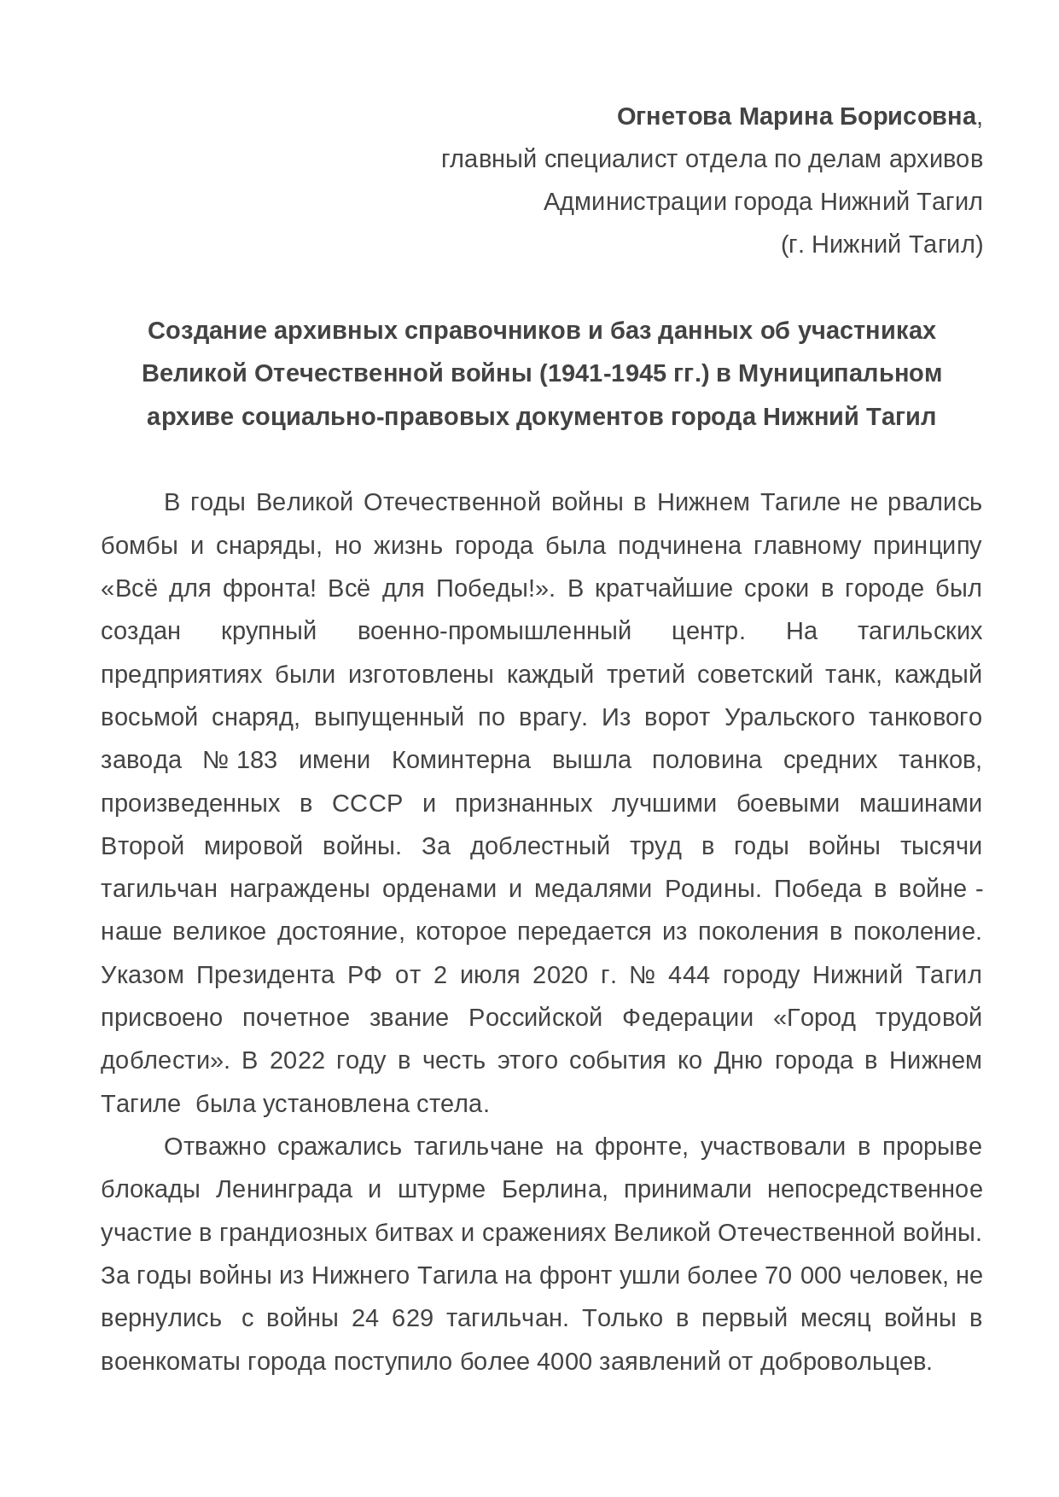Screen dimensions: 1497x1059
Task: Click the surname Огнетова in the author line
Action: click(673, 117)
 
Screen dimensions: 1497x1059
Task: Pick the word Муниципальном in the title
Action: click(840, 374)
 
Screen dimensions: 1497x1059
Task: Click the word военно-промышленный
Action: click(494, 632)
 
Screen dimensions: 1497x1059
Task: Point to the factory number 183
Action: click(257, 760)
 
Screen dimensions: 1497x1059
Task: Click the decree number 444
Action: click(689, 975)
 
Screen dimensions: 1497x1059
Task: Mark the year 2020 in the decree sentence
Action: click(560, 975)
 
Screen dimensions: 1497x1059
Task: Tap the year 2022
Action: click(297, 1061)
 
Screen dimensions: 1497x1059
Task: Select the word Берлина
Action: click(554, 1190)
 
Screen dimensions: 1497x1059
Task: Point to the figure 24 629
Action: click(393, 1319)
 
